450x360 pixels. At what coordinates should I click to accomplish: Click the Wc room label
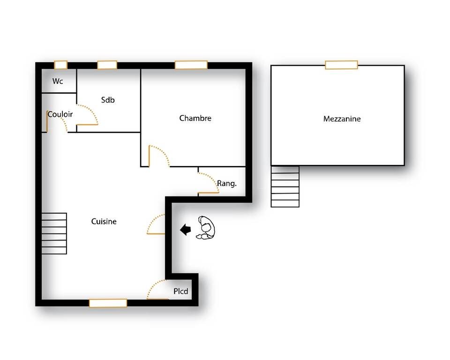[58, 81]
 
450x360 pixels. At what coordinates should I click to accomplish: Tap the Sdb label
[108, 100]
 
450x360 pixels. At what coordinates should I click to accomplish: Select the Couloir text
[60, 114]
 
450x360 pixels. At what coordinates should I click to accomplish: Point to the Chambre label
[195, 118]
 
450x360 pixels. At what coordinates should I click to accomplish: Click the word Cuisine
[104, 221]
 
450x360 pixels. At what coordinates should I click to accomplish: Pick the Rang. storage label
[227, 183]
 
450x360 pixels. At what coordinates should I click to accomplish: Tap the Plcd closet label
[181, 291]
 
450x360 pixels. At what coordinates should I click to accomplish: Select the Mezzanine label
[342, 119]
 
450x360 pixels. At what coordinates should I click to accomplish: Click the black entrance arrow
[186, 229]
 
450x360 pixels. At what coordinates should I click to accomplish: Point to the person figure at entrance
[206, 228]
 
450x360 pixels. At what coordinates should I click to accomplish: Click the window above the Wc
[61, 65]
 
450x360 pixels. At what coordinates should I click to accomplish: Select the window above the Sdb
[107, 65]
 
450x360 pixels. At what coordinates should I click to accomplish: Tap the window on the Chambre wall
[191, 65]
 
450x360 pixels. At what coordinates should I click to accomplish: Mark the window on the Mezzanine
[342, 65]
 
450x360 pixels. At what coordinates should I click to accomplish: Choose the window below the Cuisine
[108, 303]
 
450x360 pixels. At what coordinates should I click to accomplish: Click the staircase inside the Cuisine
[54, 233]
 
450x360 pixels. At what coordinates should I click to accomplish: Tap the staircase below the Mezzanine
[285, 187]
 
